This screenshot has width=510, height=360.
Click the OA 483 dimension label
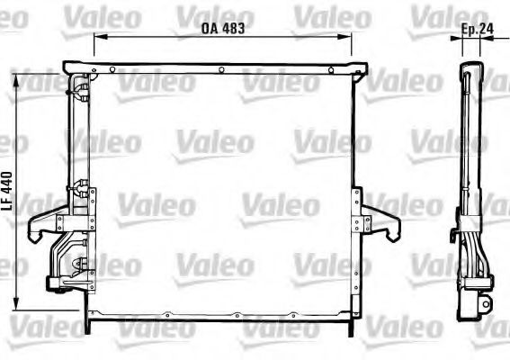pyautogui.click(x=223, y=28)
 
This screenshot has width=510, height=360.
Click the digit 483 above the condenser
pyautogui.click(x=233, y=28)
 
